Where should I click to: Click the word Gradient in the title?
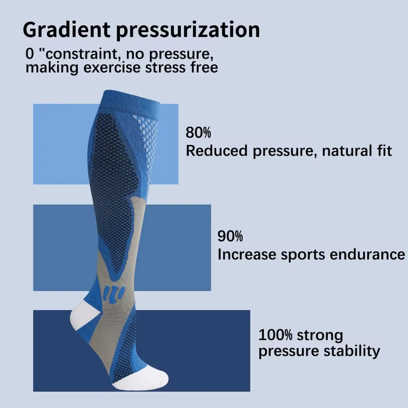66,30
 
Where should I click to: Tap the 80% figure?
198,132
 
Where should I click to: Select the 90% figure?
230,236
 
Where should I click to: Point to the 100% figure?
275,335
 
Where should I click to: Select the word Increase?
247,254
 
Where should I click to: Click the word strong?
320,336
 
